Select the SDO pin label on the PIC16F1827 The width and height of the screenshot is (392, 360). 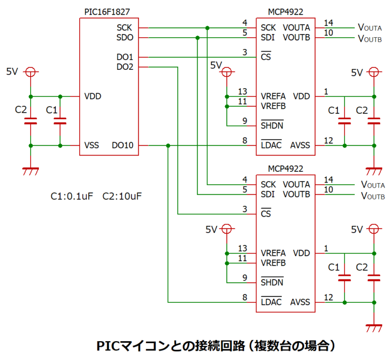tap(125, 37)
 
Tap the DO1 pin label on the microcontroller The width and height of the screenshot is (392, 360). tap(125, 57)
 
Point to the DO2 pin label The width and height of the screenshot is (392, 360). tap(125, 67)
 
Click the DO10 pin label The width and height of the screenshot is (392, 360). tap(122, 146)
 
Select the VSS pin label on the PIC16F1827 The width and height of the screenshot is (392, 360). tap(92, 146)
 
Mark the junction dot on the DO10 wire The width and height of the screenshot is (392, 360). tap(168, 146)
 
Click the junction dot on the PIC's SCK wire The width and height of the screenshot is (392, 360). tap(207, 28)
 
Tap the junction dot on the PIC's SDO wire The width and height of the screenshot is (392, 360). tap(198, 37)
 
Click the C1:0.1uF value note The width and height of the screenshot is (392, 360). tap(71, 196)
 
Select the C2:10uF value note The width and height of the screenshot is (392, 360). tap(121, 196)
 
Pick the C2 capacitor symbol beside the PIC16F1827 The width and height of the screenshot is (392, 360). tap(31, 121)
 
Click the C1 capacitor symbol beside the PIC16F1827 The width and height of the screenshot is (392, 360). tap(60, 121)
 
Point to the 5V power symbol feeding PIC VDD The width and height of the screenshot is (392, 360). tap(31, 72)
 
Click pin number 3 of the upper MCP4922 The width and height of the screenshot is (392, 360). tap(244, 53)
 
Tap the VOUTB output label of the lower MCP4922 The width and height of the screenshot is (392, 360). tap(372, 196)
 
